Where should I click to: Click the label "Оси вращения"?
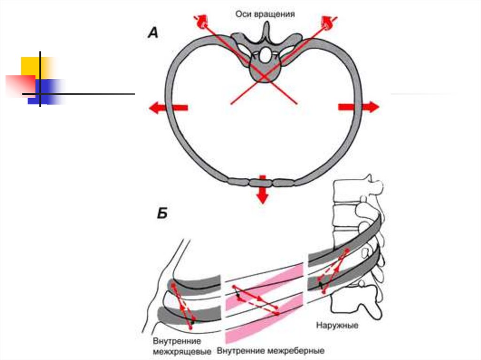265,14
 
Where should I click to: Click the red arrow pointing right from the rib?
358,107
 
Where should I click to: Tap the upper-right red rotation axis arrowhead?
327,22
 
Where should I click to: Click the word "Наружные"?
335,325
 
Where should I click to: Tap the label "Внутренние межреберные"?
271,351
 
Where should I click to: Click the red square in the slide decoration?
19,84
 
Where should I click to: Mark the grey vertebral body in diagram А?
264,73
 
